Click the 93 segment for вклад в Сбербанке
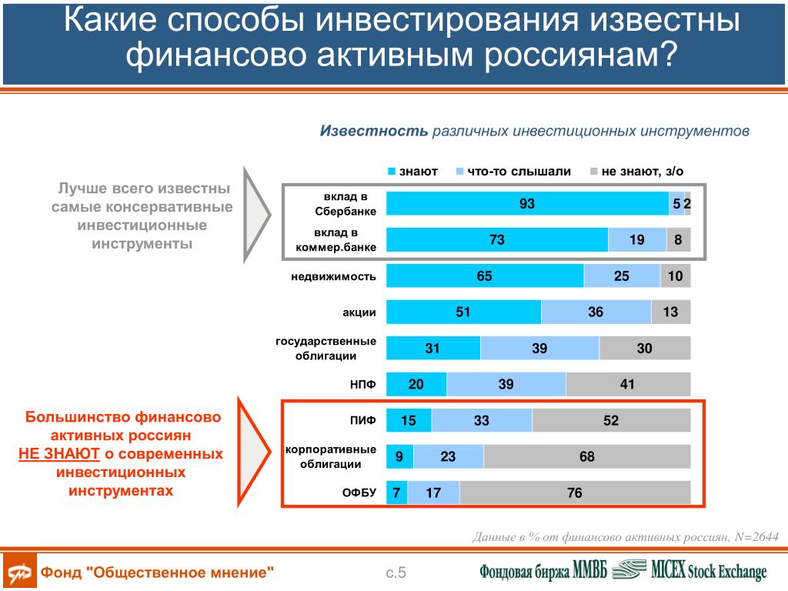[x=527, y=204]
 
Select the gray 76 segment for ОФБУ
[x=575, y=493]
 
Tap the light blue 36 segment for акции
[x=596, y=312]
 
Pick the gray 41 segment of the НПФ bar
[x=628, y=385]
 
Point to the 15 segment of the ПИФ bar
[x=409, y=421]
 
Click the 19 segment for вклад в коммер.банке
[x=637, y=240]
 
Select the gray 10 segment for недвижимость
[x=676, y=276]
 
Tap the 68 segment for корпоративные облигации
[x=587, y=457]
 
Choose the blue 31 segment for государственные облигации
[x=432, y=349]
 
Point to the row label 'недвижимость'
[x=333, y=276]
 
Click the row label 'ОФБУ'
[x=359, y=493]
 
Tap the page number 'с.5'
[x=396, y=573]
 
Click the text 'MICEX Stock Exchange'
[x=709, y=571]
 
